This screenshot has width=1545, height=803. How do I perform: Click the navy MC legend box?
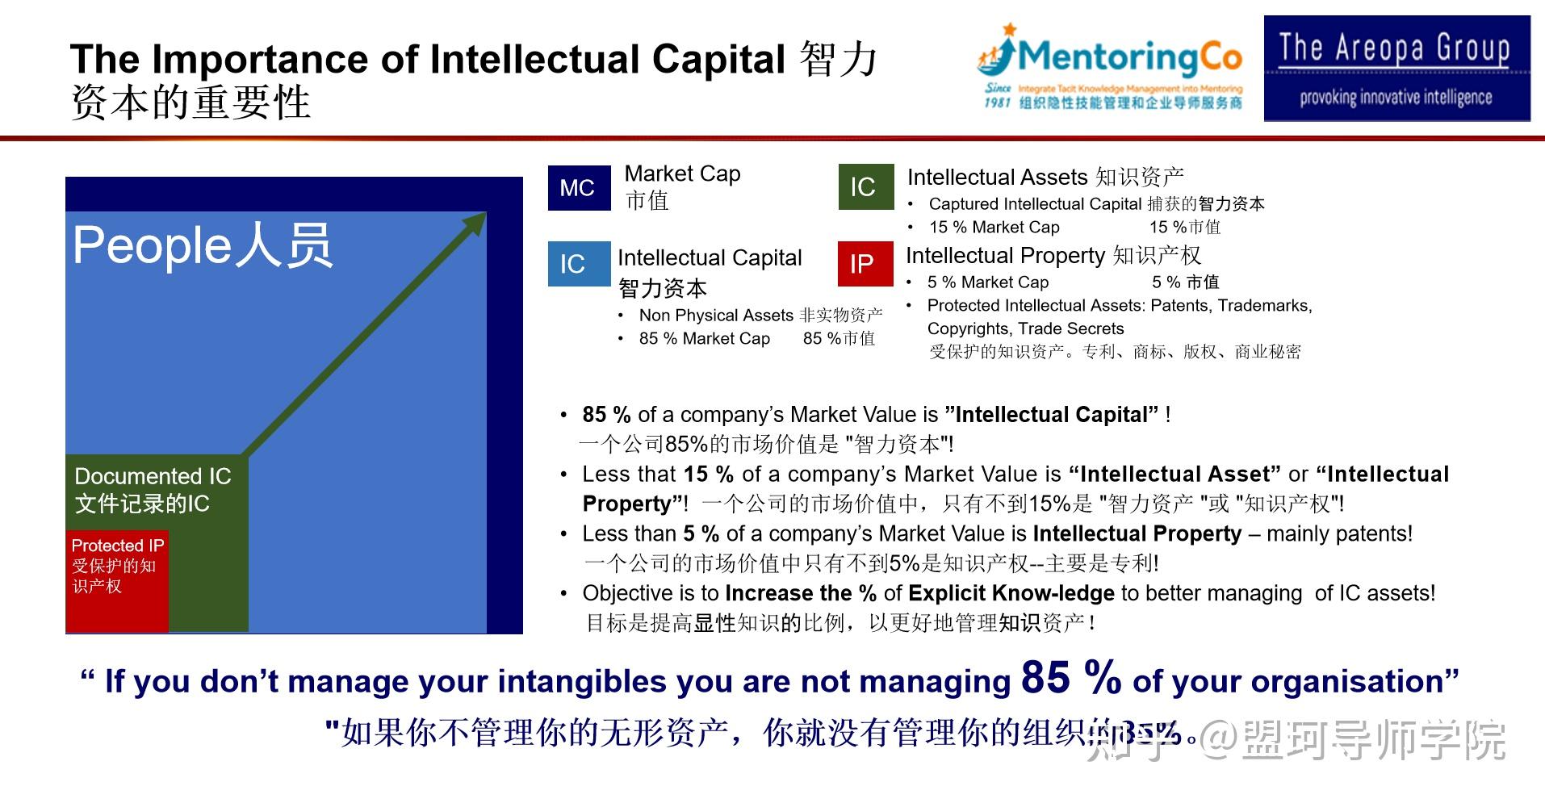(x=579, y=187)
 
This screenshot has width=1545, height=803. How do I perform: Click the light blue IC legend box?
(x=579, y=264)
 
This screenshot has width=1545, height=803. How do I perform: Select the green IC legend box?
(x=865, y=187)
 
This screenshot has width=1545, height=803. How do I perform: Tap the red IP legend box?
(x=865, y=264)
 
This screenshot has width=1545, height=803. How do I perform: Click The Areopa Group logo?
(x=1396, y=69)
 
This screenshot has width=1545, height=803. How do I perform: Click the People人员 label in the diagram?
(x=203, y=245)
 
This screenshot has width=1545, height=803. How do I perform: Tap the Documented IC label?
(x=153, y=476)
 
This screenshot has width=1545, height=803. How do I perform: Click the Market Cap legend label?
(x=682, y=174)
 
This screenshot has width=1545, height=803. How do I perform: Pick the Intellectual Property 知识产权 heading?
(x=1053, y=256)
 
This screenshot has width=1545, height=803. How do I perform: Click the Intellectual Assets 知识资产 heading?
(x=1045, y=177)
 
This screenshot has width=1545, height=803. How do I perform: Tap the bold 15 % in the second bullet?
(x=709, y=474)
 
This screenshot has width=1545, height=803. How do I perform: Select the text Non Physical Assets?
(x=715, y=316)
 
